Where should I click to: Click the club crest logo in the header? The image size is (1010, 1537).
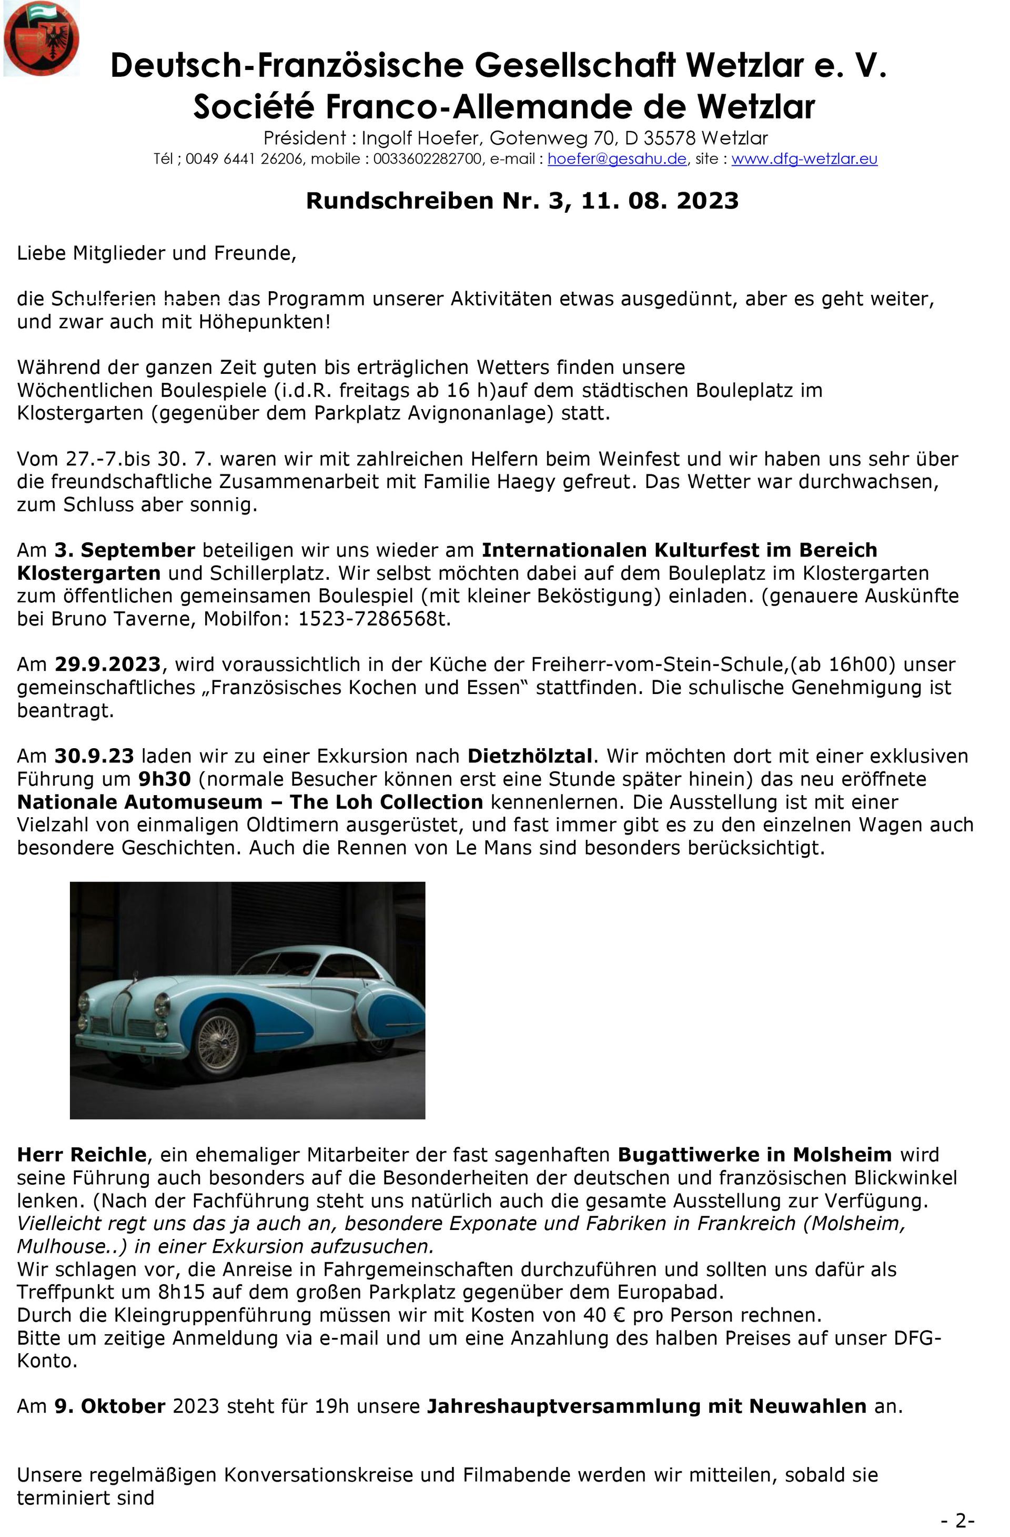pyautogui.click(x=42, y=39)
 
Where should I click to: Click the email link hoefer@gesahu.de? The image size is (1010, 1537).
pyautogui.click(x=617, y=159)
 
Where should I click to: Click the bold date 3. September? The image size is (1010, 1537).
pyautogui.click(x=125, y=550)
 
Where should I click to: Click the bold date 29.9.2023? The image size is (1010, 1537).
pyautogui.click(x=107, y=665)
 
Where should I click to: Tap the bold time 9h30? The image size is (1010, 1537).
pyautogui.click(x=165, y=779)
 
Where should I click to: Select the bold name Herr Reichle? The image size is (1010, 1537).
pyautogui.click(x=82, y=1155)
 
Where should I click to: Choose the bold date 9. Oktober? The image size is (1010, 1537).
pyautogui.click(x=110, y=1406)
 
